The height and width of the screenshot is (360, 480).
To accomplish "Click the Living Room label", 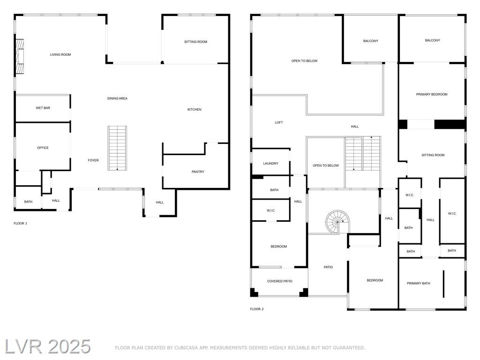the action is click(60, 55).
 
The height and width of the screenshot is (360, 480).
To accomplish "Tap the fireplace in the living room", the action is click(20, 56).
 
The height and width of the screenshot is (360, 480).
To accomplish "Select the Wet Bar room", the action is click(43, 108).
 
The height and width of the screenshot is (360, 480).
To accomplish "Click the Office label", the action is click(43, 148).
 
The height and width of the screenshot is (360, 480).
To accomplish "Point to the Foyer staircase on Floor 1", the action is click(117, 148).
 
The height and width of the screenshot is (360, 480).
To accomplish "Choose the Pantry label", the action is click(198, 172).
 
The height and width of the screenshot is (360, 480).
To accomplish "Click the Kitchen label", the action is click(195, 110).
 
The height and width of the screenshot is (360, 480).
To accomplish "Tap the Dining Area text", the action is click(117, 98).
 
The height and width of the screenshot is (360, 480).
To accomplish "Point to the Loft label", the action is click(279, 123).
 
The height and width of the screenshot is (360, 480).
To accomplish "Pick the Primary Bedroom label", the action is click(432, 95).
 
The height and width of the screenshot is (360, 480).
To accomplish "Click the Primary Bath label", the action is click(419, 284).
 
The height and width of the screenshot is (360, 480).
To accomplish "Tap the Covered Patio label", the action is click(279, 281).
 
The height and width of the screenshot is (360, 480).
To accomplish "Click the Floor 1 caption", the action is click(21, 224).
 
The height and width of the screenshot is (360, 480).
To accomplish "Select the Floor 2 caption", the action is click(257, 309).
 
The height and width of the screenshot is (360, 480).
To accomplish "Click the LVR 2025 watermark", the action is click(48, 347).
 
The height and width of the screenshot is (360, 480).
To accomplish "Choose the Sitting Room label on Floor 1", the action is click(195, 42).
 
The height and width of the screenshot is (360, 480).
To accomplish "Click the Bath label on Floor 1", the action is click(28, 202).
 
